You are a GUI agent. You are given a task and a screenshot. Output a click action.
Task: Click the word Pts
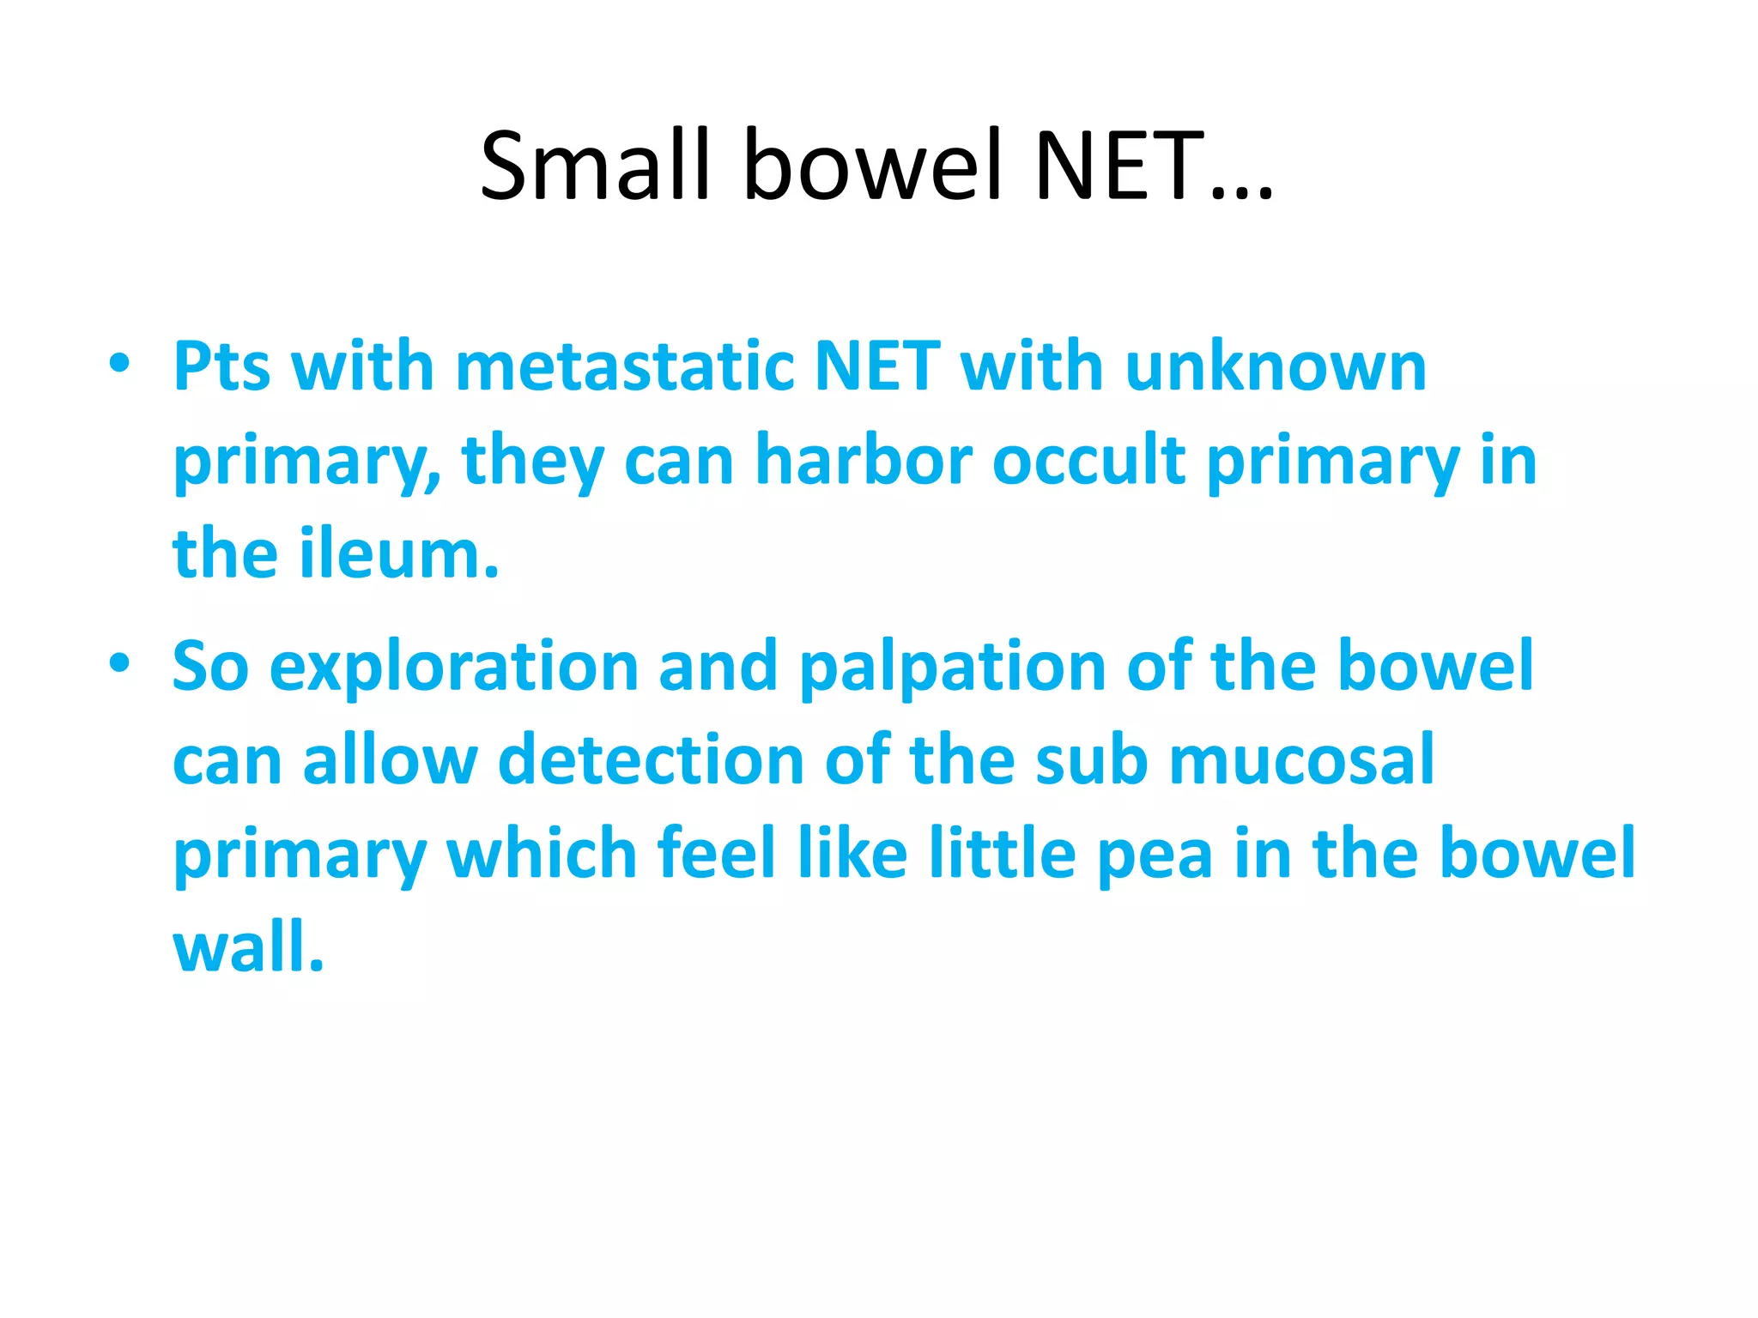pyautogui.click(x=221, y=367)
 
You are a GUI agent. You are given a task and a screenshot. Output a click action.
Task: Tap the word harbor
pyautogui.click(x=863, y=461)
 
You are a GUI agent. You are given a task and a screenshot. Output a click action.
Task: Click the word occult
pyautogui.click(x=1089, y=461)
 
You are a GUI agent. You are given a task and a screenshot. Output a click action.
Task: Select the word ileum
pyautogui.click(x=398, y=554)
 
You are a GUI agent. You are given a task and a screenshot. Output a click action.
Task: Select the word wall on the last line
pyautogui.click(x=248, y=947)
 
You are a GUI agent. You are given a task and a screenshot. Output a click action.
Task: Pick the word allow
pyautogui.click(x=390, y=760)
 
